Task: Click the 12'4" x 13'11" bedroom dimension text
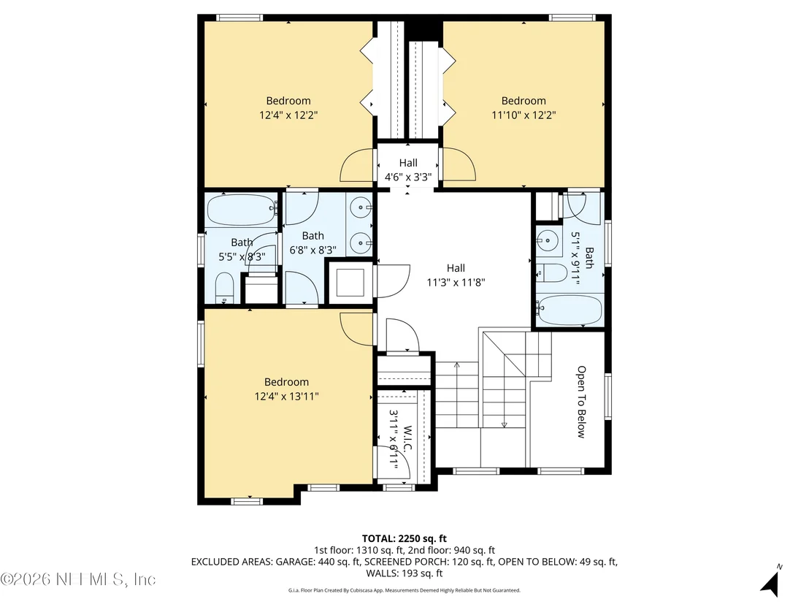(286, 397)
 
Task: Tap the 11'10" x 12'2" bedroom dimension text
(524, 115)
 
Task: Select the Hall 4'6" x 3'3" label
(408, 170)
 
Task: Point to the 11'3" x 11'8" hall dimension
(456, 283)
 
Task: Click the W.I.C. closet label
(407, 439)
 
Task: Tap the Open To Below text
(581, 402)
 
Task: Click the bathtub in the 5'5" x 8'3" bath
(242, 209)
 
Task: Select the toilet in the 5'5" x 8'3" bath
(224, 288)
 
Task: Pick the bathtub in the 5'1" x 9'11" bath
(570, 310)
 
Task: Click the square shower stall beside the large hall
(350, 282)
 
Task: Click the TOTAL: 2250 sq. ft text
(404, 539)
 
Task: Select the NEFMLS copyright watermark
(78, 579)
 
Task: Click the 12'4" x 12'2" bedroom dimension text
(288, 115)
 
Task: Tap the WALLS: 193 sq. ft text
(404, 573)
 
